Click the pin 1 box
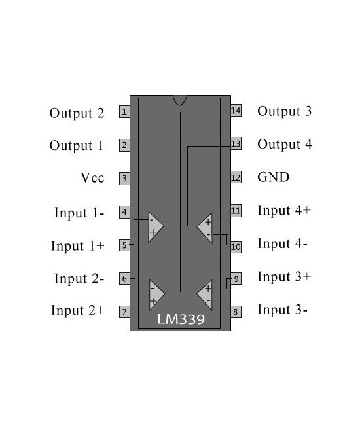[124, 112]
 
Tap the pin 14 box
[236, 111]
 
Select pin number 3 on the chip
[124, 178]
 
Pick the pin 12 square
[236, 177]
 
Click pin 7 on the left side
[124, 312]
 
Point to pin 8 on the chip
[236, 312]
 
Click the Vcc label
[92, 178]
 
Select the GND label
[273, 177]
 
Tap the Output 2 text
[77, 113]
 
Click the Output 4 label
[284, 144]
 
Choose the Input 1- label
[79, 213]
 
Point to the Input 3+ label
[284, 276]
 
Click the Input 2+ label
[77, 310]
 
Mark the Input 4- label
[283, 243]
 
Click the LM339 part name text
[180, 319]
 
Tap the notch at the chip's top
[180, 99]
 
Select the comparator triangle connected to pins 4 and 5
[154, 226]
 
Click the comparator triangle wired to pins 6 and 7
[154, 294]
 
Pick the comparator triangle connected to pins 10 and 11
[206, 227]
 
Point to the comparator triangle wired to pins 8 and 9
[206, 294]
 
